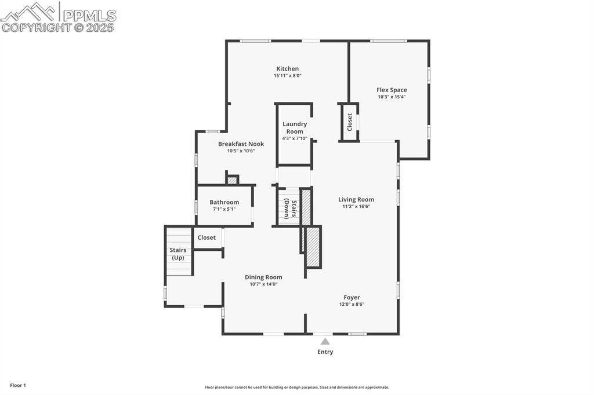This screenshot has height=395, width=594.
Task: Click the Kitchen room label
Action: [x=287, y=69]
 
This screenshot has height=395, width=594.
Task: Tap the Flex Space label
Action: [x=392, y=90]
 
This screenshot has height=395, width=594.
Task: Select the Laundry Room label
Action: [x=295, y=127]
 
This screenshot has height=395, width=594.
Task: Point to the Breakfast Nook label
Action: [x=241, y=144]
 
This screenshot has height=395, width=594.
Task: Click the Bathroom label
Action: [x=224, y=202]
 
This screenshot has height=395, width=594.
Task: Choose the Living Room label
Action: [x=356, y=199]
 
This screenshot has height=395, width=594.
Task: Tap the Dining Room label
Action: [x=263, y=277]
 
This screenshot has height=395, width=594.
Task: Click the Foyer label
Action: [x=352, y=297]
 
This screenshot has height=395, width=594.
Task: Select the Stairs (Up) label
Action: [x=178, y=254]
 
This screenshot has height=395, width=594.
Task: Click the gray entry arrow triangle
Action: [x=325, y=341]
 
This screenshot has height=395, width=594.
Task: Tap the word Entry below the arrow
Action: [x=325, y=352]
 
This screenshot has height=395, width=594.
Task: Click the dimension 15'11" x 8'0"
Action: [x=287, y=76]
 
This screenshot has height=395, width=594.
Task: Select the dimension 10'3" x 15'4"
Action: [x=392, y=97]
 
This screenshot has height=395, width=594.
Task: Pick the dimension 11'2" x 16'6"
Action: [x=356, y=206]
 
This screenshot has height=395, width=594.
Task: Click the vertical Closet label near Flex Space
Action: [x=350, y=122]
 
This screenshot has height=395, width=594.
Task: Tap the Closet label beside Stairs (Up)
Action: [x=207, y=237]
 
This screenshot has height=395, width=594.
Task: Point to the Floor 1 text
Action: [x=17, y=385]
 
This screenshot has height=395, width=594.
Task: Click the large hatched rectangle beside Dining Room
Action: [x=313, y=247]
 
